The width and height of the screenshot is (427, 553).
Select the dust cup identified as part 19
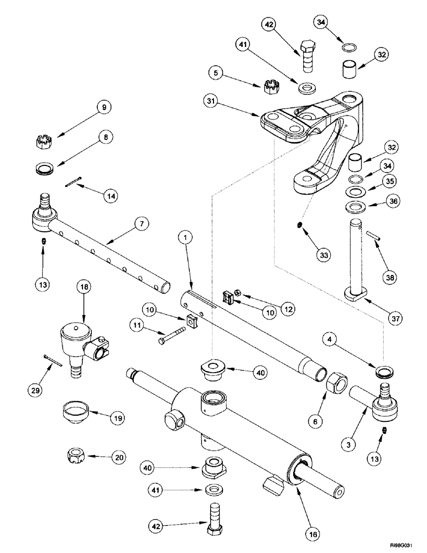point(70,412)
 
